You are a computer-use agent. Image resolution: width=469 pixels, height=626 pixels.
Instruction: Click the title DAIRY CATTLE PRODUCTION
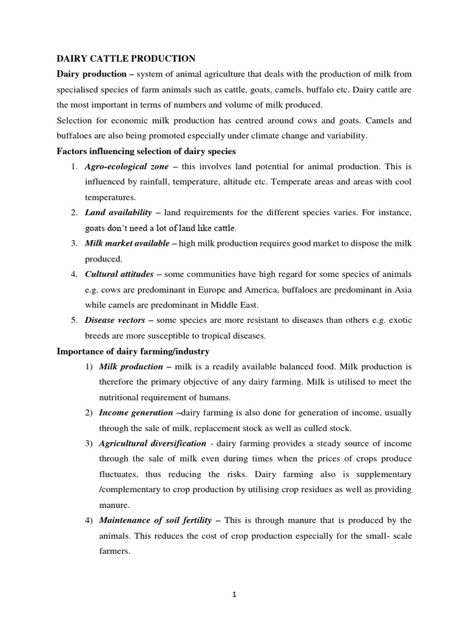click(x=126, y=59)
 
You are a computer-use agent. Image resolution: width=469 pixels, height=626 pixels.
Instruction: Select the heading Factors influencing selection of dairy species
click(x=146, y=151)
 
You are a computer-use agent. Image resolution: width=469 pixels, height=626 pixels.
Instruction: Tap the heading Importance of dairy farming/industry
click(x=133, y=352)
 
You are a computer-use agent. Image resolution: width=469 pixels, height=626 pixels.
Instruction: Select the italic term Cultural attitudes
click(x=119, y=274)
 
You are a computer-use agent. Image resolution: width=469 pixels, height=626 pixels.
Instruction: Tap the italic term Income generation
click(x=136, y=413)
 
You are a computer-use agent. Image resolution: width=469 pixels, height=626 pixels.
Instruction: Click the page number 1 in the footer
click(x=234, y=594)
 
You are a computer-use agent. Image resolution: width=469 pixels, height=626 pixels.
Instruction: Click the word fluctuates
click(x=122, y=474)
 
